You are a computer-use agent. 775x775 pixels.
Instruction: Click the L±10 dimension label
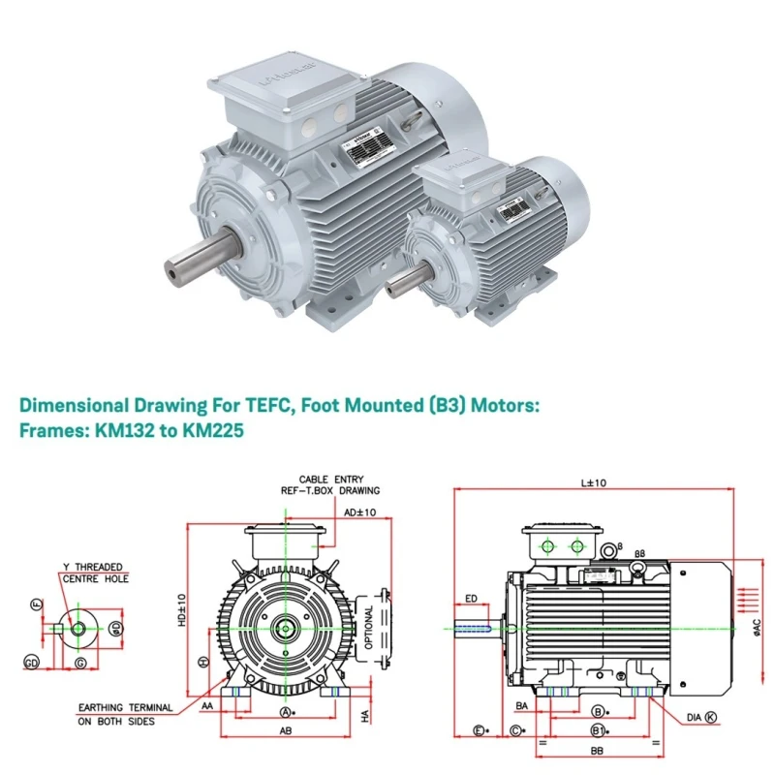click(x=592, y=482)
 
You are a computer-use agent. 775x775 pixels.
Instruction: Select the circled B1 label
click(x=600, y=728)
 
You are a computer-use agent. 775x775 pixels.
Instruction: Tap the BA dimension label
click(x=522, y=707)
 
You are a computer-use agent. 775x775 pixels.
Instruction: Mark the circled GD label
click(x=31, y=663)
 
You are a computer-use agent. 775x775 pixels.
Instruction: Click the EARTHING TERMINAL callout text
click(x=126, y=708)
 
